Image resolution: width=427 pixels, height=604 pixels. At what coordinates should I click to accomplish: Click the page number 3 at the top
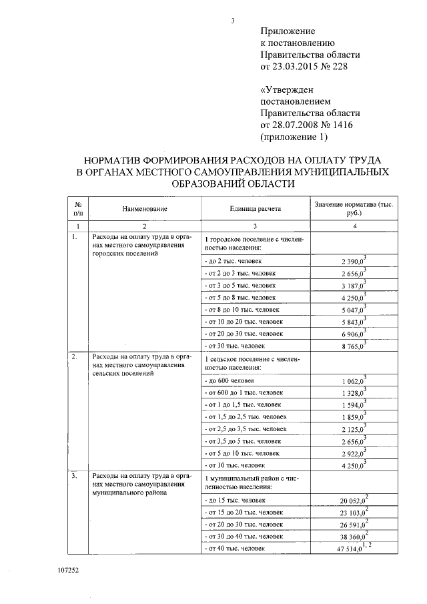pos(233,20)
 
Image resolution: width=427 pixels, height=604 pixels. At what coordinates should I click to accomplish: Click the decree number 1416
pos(341,125)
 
